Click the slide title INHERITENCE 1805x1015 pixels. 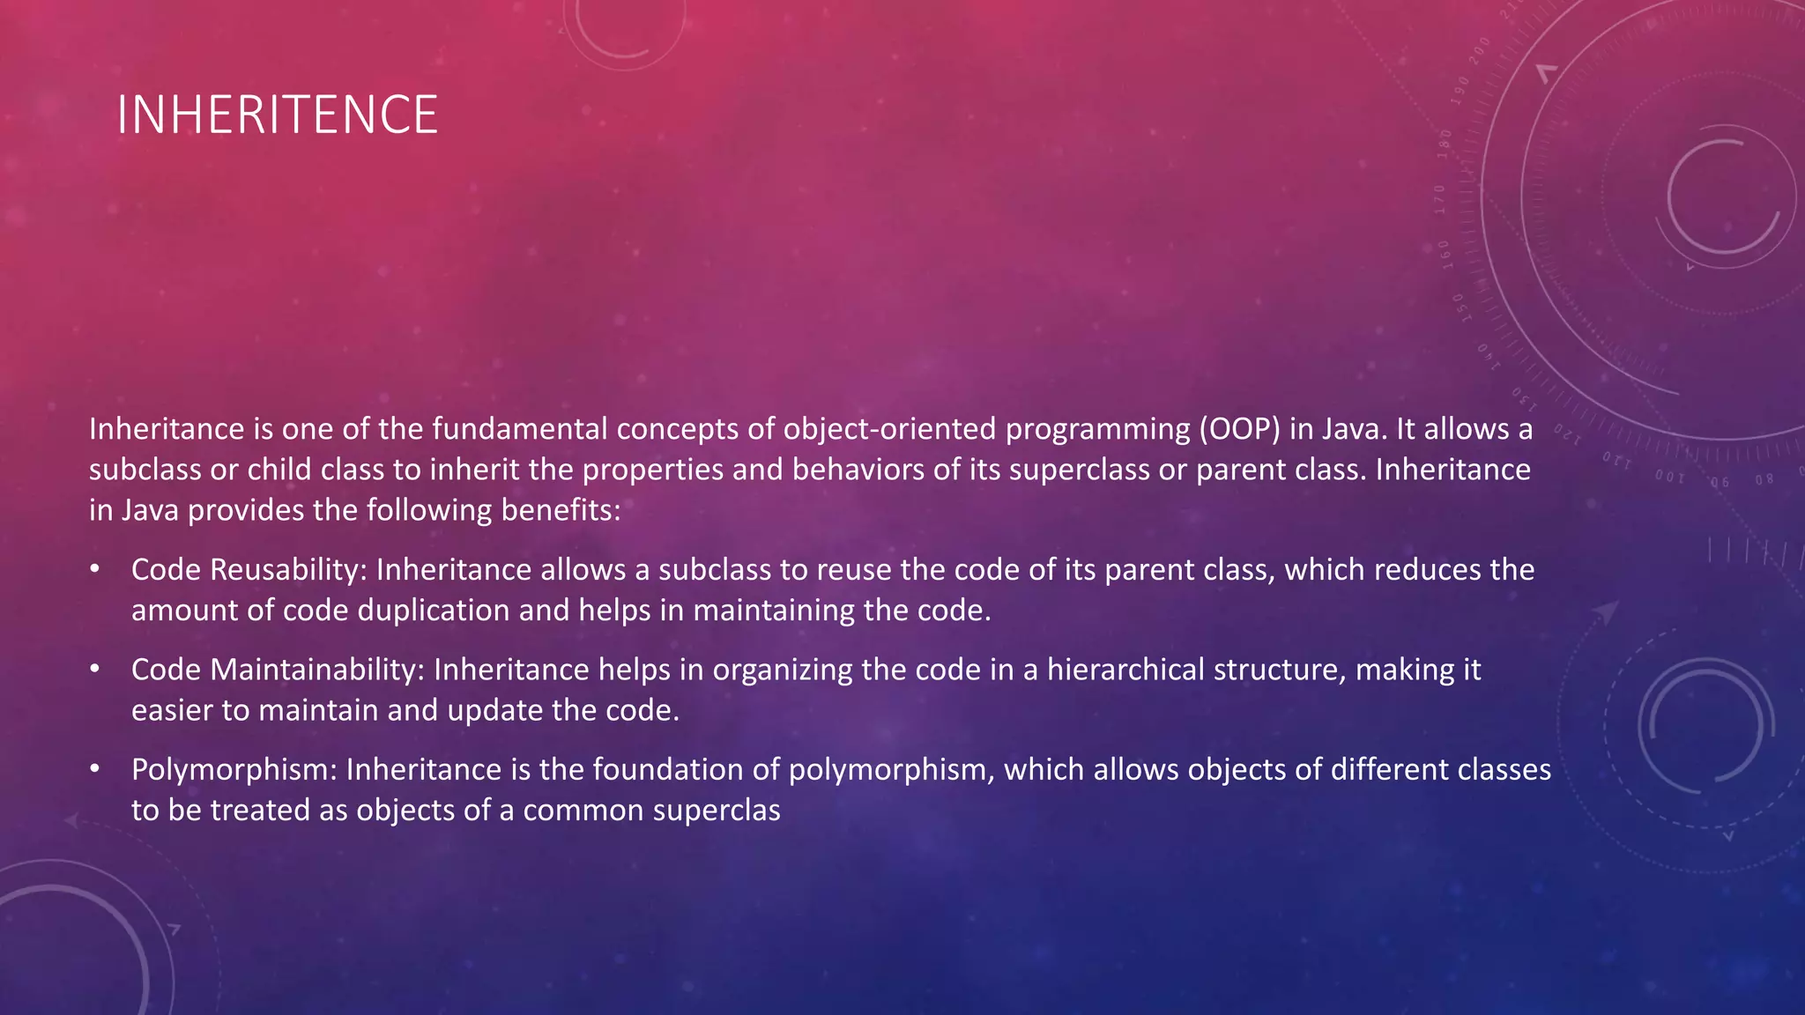pyautogui.click(x=277, y=115)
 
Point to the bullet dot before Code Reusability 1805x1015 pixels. pyautogui.click(x=94, y=569)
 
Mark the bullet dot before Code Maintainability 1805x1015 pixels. pyautogui.click(x=94, y=670)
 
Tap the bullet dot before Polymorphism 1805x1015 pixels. pyautogui.click(x=94, y=769)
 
